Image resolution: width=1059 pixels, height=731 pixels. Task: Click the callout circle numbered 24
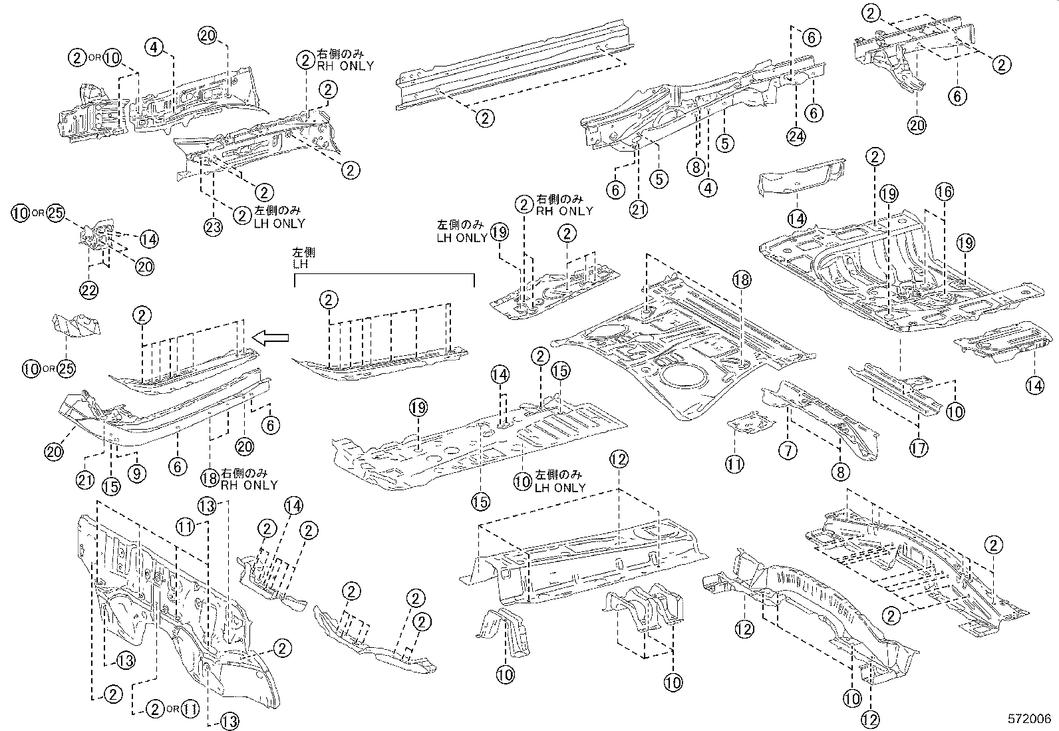[x=796, y=137]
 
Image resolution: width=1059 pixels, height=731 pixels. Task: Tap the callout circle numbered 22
[x=88, y=289]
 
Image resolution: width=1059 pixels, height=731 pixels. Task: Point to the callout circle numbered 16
[x=944, y=192]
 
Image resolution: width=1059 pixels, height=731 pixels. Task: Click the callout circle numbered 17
[x=919, y=448]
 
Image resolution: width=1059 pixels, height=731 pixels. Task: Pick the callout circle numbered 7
[x=788, y=451]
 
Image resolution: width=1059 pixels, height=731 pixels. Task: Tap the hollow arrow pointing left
[x=273, y=339]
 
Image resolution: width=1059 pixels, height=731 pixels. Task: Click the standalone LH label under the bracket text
[x=301, y=264]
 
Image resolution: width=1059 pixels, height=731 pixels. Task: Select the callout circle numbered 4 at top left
[x=154, y=47]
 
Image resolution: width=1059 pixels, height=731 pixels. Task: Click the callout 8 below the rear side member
[x=840, y=472]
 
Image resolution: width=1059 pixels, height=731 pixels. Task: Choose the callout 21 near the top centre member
[x=639, y=210]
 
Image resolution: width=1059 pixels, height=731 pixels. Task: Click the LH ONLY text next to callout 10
[x=560, y=487]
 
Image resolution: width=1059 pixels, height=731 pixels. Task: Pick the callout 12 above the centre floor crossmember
[x=618, y=458]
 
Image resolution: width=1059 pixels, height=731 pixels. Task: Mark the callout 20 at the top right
[x=917, y=124]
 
